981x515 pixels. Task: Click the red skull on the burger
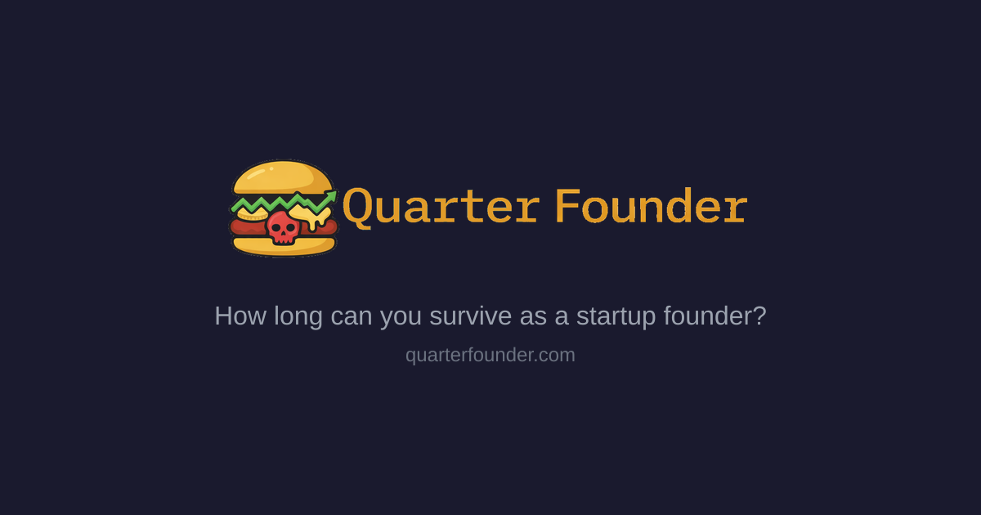283,226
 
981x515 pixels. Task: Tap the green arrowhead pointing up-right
331,196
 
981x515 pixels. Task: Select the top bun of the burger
283,176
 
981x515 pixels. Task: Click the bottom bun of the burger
283,245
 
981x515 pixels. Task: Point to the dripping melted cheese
312,217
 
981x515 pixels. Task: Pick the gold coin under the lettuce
252,214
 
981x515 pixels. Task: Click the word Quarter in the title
441,207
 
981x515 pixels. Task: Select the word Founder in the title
651,207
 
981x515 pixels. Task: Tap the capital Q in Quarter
358,207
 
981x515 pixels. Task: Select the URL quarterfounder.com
490,355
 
